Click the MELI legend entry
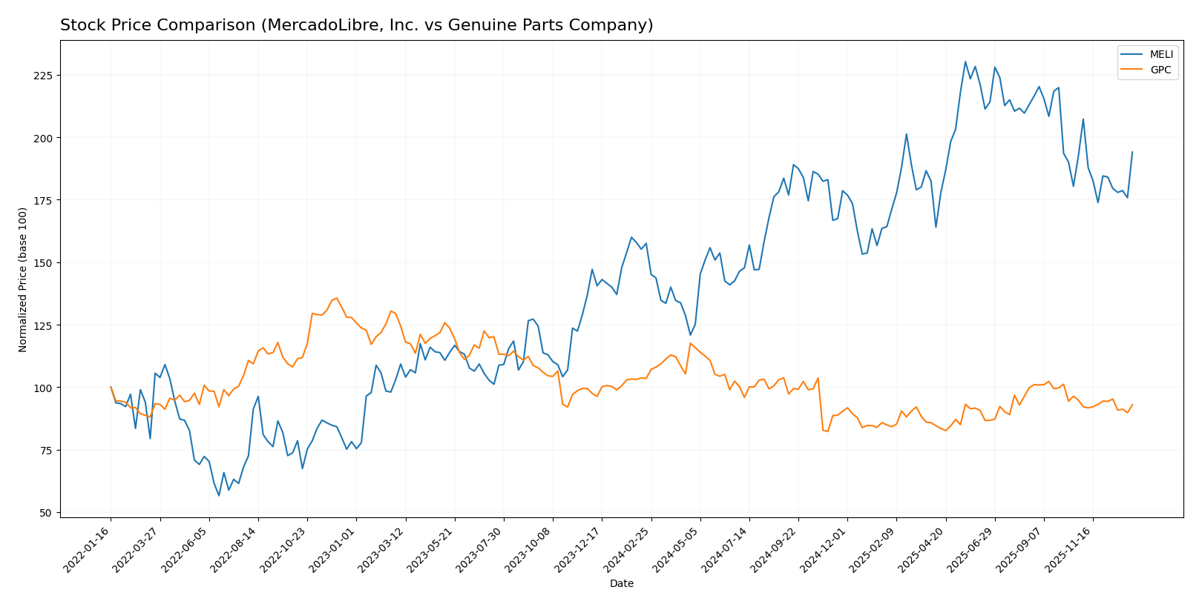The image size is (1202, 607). [1161, 55]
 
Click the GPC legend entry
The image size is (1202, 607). [1160, 70]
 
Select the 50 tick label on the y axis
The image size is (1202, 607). [45, 513]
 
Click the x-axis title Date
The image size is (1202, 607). [621, 584]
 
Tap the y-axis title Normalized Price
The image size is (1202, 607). [23, 279]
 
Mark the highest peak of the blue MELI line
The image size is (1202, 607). [965, 62]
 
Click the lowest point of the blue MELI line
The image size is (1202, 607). [219, 495]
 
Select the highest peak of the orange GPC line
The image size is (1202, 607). [336, 298]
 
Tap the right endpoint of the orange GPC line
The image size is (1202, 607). [1132, 405]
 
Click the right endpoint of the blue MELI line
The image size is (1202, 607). [1132, 152]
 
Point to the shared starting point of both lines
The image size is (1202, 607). [111, 387]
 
